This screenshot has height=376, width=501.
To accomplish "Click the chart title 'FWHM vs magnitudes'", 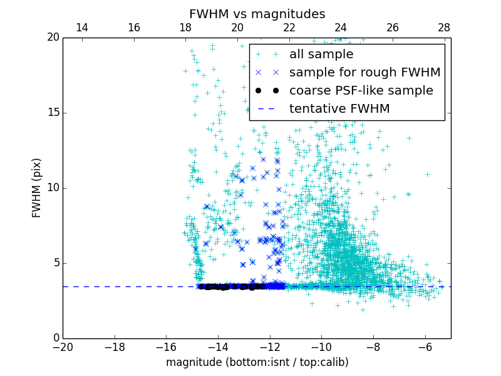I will click(x=257, y=14).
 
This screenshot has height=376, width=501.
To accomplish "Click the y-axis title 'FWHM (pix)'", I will click(x=37, y=188).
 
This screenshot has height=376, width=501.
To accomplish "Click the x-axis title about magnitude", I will click(x=257, y=362).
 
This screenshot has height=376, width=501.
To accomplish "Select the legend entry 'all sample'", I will click(x=321, y=55).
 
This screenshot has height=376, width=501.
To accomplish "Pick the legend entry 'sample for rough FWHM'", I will click(x=364, y=73).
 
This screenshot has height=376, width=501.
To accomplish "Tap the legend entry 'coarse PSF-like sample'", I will click(x=361, y=91).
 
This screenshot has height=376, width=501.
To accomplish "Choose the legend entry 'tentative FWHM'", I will click(x=339, y=109).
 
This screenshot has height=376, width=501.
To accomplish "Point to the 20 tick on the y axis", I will click(x=52, y=38).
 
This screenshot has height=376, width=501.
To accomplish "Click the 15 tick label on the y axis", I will click(x=52, y=113).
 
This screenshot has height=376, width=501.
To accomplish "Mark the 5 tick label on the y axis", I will click(x=55, y=263).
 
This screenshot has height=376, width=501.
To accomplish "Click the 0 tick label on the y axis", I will click(x=55, y=338).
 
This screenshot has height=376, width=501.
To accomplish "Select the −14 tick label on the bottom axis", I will click(x=218, y=347).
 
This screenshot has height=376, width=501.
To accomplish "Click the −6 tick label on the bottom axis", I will click(x=425, y=347).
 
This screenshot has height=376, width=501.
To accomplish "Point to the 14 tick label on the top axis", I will click(x=81, y=28).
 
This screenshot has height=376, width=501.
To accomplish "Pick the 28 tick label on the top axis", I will click(x=444, y=28).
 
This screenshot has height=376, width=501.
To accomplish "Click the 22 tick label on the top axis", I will click(x=289, y=28).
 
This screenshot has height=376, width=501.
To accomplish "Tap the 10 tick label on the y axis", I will click(x=52, y=188).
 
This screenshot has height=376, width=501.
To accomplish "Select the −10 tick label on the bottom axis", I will click(x=321, y=347).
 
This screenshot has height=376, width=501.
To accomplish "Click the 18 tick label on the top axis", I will click(x=185, y=28).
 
